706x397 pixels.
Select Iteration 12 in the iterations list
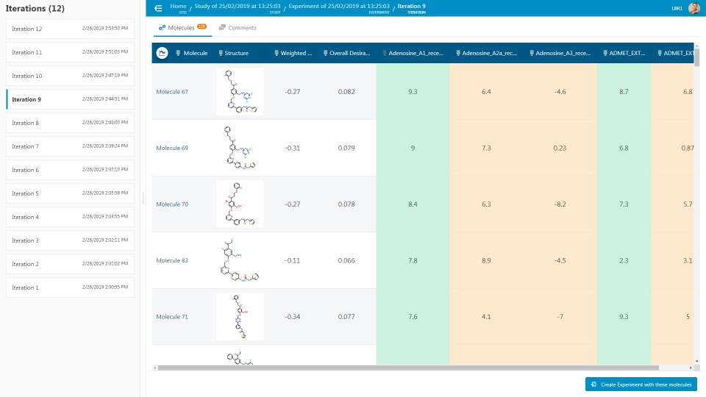coord(27,29)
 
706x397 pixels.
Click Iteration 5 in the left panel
coord(26,193)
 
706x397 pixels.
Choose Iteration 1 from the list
coord(25,287)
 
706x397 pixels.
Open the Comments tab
coord(242,28)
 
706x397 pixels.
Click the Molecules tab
coord(181,28)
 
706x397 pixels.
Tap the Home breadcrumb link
coord(178,6)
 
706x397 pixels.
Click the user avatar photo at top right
coord(693,8)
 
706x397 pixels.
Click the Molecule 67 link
coord(172,92)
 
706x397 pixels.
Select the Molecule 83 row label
coord(172,260)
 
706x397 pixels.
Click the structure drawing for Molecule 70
coord(240,204)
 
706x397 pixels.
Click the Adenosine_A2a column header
coord(488,53)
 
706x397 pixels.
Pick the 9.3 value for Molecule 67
coord(413,92)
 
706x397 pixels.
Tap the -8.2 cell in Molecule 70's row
coord(560,204)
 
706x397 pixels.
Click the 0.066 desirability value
coord(346,260)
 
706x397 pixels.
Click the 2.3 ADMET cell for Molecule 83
coord(624,260)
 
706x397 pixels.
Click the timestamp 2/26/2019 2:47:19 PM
coord(104,76)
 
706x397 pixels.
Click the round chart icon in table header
coord(162,53)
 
